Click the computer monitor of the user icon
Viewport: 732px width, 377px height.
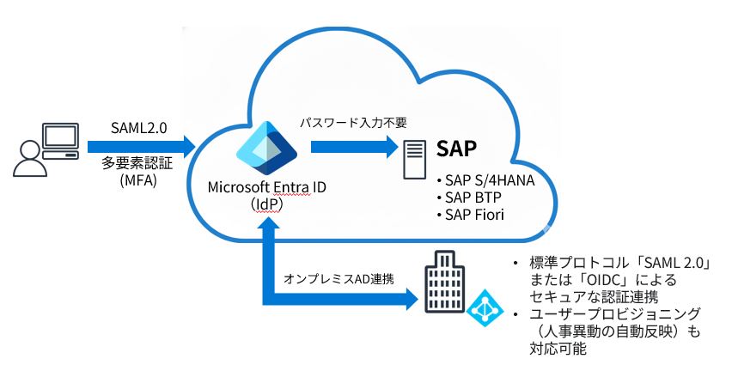[x=60, y=137]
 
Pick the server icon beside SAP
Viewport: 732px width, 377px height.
[x=415, y=160]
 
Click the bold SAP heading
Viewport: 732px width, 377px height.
[x=456, y=149]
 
